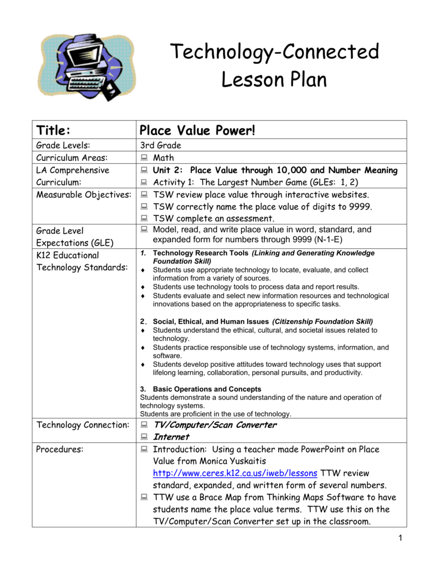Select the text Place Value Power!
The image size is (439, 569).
pyautogui.click(x=198, y=131)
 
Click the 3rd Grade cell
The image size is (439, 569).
pyautogui.click(x=161, y=146)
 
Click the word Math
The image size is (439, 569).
pyautogui.click(x=164, y=158)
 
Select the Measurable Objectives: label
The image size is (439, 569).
pyautogui.click(x=84, y=195)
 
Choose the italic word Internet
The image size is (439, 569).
pyautogui.click(x=171, y=437)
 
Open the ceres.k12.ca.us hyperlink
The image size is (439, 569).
pyautogui.click(x=235, y=473)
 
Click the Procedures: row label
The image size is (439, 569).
pyautogui.click(x=59, y=449)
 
